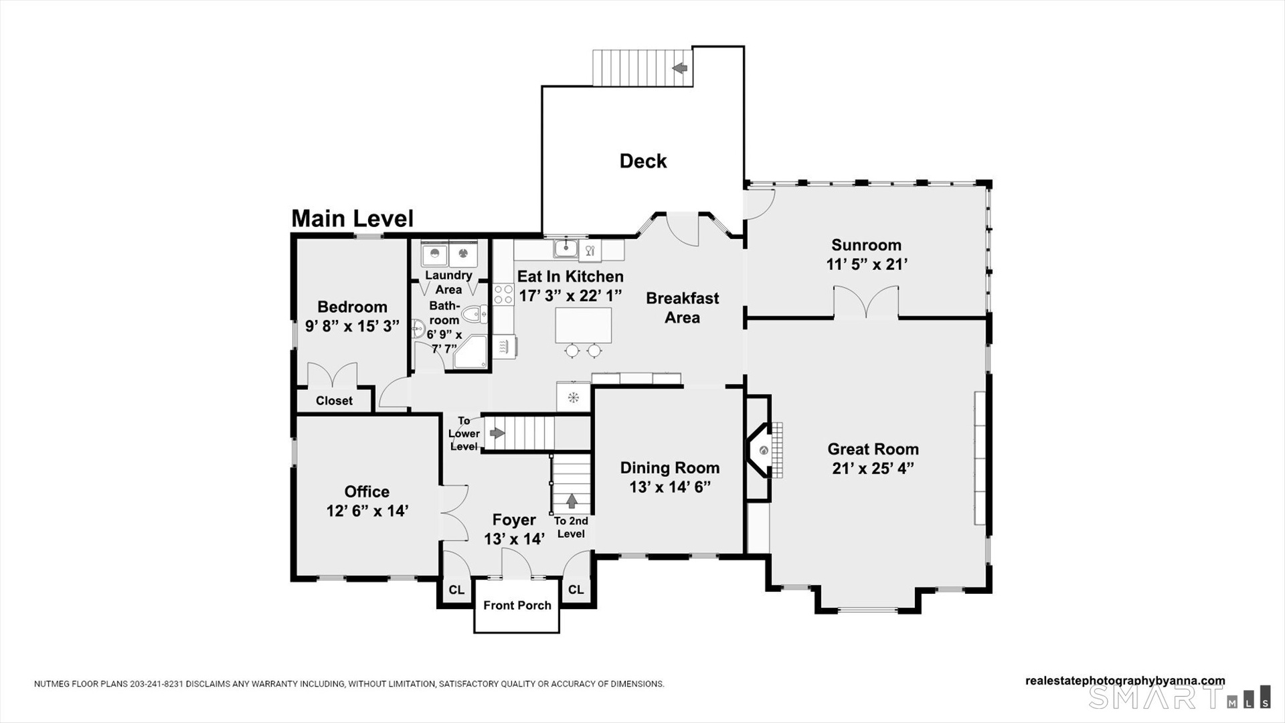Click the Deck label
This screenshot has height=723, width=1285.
[x=643, y=161]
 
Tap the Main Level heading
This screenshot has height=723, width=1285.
[x=353, y=218]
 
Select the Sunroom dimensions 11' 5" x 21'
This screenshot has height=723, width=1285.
[x=867, y=264]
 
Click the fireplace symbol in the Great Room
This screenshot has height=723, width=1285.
[x=764, y=450]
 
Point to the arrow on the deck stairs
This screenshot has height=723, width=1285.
[x=680, y=68]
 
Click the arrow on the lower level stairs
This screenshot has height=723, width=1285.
[x=497, y=433]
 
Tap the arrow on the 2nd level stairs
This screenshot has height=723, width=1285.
[x=572, y=501]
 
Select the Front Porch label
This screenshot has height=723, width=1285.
[x=517, y=605]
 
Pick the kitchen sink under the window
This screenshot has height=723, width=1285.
[x=566, y=248]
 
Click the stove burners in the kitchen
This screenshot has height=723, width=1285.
[x=503, y=295]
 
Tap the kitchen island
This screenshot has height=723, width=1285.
[x=583, y=325]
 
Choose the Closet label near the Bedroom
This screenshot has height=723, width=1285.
[x=334, y=401]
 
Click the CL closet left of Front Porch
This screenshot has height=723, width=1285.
[x=456, y=590]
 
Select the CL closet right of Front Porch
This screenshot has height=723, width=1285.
[x=576, y=590]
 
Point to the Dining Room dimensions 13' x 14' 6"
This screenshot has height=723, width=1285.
[x=670, y=487]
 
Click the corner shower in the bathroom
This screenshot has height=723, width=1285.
[x=471, y=353]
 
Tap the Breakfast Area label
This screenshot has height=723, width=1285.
[x=683, y=308]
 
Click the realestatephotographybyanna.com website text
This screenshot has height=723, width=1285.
[x=1125, y=681]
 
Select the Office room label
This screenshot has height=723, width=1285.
[x=367, y=492]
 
